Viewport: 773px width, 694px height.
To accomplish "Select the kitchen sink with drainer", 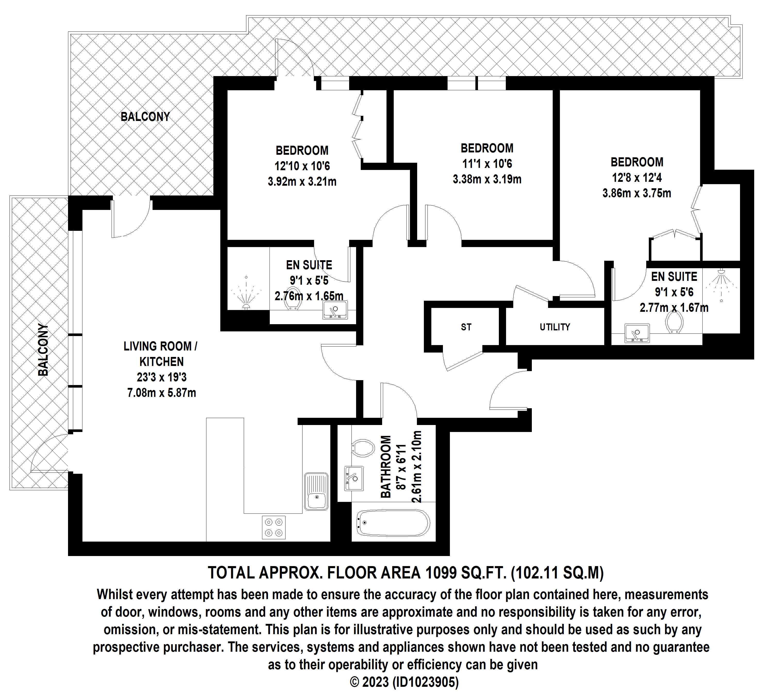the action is (x=316, y=492).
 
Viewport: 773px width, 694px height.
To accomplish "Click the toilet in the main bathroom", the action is (x=363, y=448).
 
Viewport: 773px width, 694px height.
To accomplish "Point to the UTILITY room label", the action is (x=555, y=327).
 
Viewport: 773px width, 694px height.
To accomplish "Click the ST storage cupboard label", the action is (x=466, y=327).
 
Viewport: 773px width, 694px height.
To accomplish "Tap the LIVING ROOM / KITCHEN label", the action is (x=161, y=354).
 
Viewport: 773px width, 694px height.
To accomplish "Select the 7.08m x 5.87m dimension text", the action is (x=162, y=393).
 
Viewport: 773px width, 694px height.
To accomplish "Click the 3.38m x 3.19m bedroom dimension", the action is (x=487, y=179).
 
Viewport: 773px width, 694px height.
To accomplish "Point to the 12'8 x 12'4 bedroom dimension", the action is (x=637, y=178).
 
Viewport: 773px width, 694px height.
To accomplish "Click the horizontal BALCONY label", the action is (x=145, y=117).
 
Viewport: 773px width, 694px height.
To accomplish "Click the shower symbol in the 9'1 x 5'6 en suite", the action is (x=720, y=284).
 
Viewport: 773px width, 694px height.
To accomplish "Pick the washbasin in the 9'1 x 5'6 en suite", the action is (x=637, y=333).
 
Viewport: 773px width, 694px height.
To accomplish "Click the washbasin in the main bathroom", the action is (x=354, y=478).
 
